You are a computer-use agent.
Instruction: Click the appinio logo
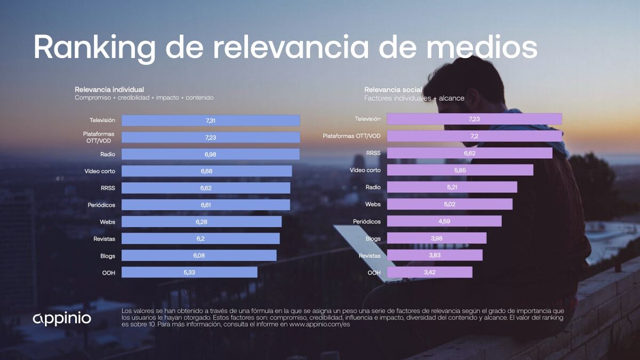pyautogui.click(x=62, y=318)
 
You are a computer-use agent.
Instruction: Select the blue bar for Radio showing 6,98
pyautogui.click(x=211, y=154)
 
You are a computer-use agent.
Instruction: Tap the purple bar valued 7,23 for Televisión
pyautogui.click(x=474, y=119)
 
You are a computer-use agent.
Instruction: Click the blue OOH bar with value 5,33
pyautogui.click(x=189, y=272)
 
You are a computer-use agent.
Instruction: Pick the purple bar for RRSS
pyautogui.click(x=469, y=153)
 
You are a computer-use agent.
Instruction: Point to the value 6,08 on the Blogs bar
pyautogui.click(x=199, y=255)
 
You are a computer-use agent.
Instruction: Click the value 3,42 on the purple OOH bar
pyautogui.click(x=430, y=273)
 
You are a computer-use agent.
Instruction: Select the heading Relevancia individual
pyautogui.click(x=109, y=90)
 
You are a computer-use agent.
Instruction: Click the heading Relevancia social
pyautogui.click(x=393, y=90)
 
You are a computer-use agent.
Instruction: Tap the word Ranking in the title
pyautogui.click(x=94, y=47)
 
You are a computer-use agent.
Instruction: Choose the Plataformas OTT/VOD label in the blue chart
pyautogui.click(x=99, y=137)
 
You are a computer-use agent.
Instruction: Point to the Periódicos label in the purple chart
pyautogui.click(x=367, y=221)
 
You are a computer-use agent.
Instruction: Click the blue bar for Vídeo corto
pyautogui.click(x=206, y=171)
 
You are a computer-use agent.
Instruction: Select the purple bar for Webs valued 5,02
pyautogui.click(x=449, y=204)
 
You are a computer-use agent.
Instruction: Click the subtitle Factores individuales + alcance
pyautogui.click(x=414, y=98)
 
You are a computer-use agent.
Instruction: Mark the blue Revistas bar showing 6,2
pyautogui.click(x=201, y=238)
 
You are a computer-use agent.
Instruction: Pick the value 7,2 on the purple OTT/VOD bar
pyautogui.click(x=474, y=136)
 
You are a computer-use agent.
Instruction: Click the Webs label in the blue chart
pyautogui.click(x=107, y=222)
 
